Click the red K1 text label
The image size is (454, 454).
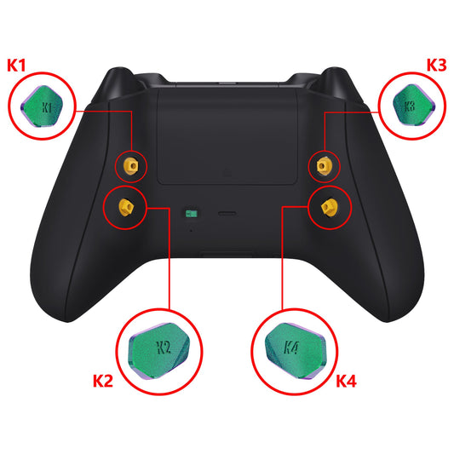17,65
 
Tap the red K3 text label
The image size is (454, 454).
435,65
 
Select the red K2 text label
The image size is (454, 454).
102,380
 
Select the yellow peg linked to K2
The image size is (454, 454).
125,205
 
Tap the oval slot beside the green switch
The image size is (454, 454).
227,214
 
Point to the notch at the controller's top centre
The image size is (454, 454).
227,83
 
